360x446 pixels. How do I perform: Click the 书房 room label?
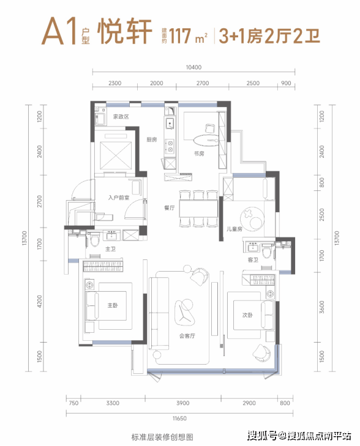[x=199, y=154]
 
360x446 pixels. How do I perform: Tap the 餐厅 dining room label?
[x=170, y=208]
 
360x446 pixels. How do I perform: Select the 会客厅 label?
[x=187, y=336]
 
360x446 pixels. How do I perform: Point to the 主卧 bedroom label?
[x=113, y=305]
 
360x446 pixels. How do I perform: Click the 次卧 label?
[x=247, y=315]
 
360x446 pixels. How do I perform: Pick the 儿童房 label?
[x=234, y=229]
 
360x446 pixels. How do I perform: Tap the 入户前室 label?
[x=119, y=198]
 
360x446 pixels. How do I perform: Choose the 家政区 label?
[x=121, y=117]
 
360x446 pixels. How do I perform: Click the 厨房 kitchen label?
[x=152, y=139]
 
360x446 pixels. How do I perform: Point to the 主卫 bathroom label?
[x=110, y=249]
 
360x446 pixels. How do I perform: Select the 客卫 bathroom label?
[x=253, y=259]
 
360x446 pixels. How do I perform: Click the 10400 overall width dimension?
[x=193, y=67]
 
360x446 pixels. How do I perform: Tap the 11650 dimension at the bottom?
[x=179, y=418]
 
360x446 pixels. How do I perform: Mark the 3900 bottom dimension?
[x=182, y=403]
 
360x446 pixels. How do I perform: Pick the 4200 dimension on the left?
[x=40, y=302]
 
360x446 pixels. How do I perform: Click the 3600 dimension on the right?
[x=322, y=307]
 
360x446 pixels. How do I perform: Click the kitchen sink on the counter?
[x=170, y=123]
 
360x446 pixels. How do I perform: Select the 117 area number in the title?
[x=180, y=36]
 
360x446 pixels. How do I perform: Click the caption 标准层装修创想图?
[x=162, y=437]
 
